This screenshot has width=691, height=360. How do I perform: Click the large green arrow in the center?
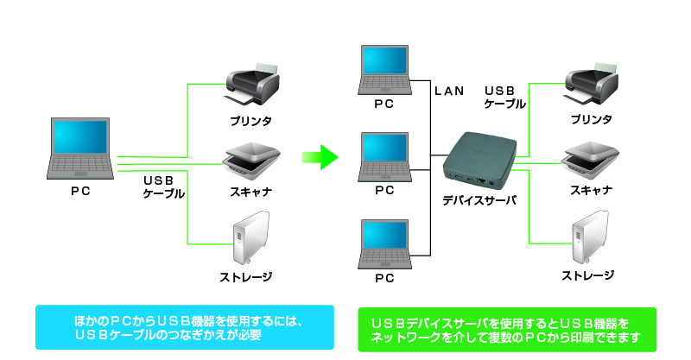pos(318,157)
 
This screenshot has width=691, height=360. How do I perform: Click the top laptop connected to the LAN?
pos(384,68)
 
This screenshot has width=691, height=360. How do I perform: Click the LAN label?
pos(449,90)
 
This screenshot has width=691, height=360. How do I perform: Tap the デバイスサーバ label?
pos(479,199)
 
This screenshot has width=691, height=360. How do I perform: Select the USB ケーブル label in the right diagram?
pos(505,97)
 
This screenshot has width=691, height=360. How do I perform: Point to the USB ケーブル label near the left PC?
pos(163,186)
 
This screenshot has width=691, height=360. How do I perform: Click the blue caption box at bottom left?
pos(185,327)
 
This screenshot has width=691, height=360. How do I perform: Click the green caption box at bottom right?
pos(506,329)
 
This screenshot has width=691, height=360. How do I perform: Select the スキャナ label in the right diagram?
pos(592,190)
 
